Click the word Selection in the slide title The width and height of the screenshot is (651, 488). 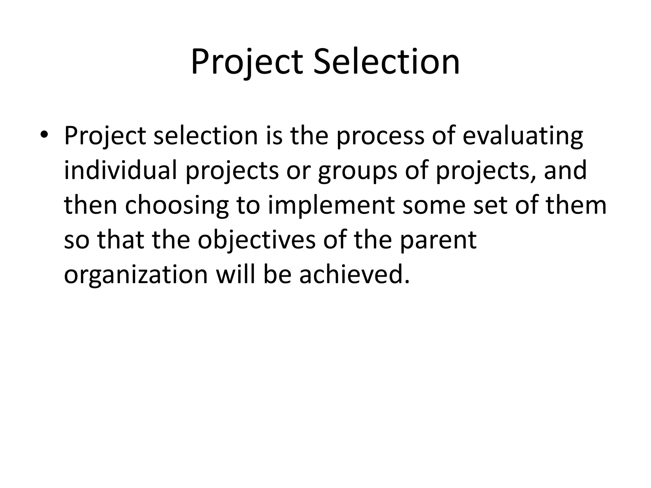click(x=387, y=62)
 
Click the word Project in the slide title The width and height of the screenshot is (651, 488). click(x=247, y=62)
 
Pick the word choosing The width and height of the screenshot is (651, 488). click(x=177, y=206)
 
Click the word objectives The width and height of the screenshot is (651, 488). click(x=257, y=241)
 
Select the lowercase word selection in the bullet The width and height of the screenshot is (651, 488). click(x=205, y=136)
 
